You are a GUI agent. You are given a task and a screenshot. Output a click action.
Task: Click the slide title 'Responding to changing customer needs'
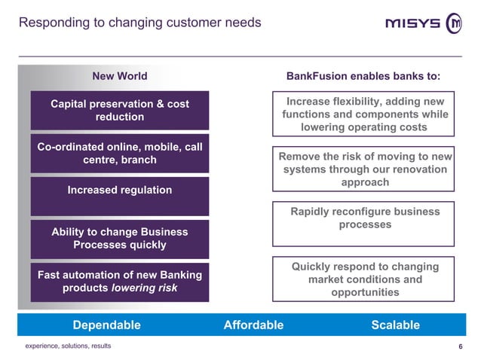pyautogui.click(x=139, y=22)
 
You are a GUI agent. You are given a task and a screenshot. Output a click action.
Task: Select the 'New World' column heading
pyautogui.click(x=119, y=76)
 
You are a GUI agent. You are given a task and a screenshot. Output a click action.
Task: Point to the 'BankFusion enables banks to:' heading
pyautogui.click(x=363, y=76)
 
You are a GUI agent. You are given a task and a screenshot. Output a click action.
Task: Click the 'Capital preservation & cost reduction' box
pyautogui.click(x=119, y=111)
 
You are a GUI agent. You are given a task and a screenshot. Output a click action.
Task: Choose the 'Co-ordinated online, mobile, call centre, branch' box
pyautogui.click(x=119, y=154)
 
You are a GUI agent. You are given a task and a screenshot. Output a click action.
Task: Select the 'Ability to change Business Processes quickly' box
pyautogui.click(x=119, y=239)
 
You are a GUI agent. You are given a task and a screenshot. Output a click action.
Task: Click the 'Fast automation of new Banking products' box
pyautogui.click(x=119, y=281)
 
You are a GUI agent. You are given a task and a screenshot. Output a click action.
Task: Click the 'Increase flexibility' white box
pyautogui.click(x=363, y=114)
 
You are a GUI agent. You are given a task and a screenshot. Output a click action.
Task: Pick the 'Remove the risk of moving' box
pyautogui.click(x=363, y=169)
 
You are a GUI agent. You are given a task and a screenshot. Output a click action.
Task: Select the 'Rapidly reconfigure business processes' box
pyautogui.click(x=363, y=223)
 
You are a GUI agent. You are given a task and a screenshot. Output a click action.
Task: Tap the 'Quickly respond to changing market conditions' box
pyautogui.click(x=363, y=279)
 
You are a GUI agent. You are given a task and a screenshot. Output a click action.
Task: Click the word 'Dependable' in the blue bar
pyautogui.click(x=106, y=325)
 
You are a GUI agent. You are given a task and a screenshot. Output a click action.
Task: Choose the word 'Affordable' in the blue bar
pyautogui.click(x=253, y=325)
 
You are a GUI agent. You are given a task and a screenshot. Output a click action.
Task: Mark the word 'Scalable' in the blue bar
pyautogui.click(x=395, y=325)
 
